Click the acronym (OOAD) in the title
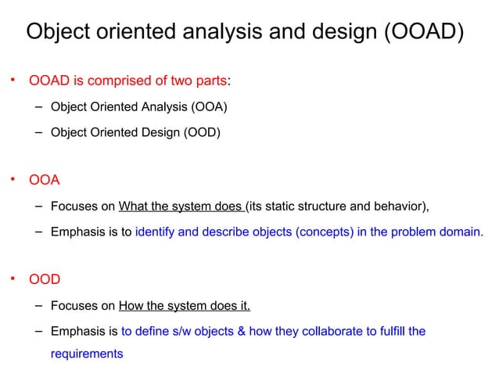click(418, 31)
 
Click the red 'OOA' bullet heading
click(45, 181)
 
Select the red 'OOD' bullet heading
click(45, 279)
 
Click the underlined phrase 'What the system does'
click(181, 207)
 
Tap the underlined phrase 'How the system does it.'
click(185, 305)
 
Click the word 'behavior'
click(400, 207)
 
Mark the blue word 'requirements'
click(87, 354)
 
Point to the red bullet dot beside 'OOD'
click(13, 278)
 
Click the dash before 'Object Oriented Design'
click(38, 131)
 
